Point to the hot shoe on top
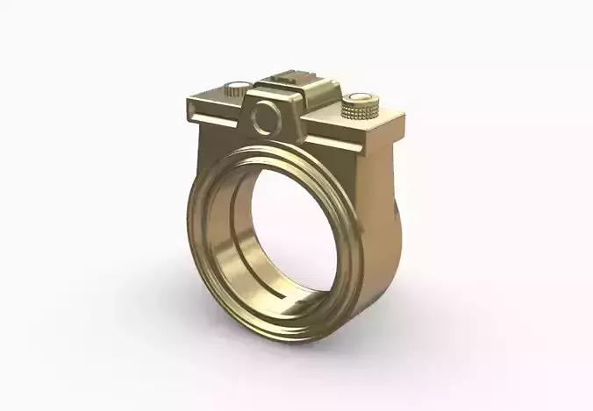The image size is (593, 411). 290,80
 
